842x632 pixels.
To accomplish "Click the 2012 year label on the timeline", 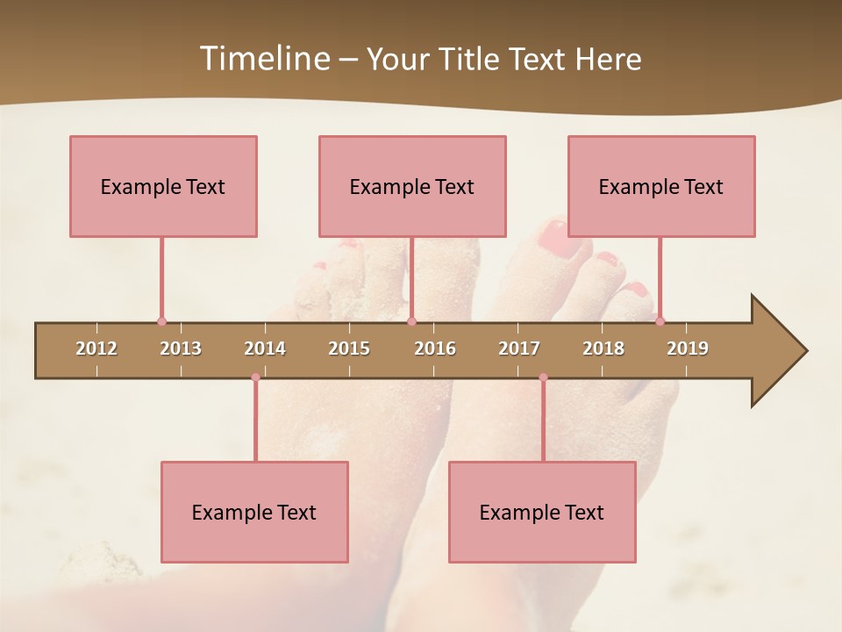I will pyautogui.click(x=96, y=348).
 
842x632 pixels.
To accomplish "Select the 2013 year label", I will pyautogui.click(x=181, y=348).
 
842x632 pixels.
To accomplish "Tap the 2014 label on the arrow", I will pyautogui.click(x=265, y=348).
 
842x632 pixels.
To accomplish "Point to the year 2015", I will pyautogui.click(x=349, y=348).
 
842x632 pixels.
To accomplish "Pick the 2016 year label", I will pyautogui.click(x=435, y=348).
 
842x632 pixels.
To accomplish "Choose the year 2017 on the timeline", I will pyautogui.click(x=519, y=348).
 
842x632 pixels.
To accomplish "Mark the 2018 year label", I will pyautogui.click(x=603, y=348).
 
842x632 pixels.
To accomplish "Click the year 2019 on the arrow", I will pyautogui.click(x=688, y=348).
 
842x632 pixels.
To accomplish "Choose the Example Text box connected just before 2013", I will pyautogui.click(x=163, y=186).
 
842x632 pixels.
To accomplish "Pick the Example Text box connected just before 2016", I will pyautogui.click(x=412, y=186).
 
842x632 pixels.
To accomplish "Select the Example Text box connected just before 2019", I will pyautogui.click(x=661, y=186).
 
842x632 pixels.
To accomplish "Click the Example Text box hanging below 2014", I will pyautogui.click(x=254, y=512).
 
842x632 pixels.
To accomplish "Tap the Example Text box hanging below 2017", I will pyautogui.click(x=542, y=512).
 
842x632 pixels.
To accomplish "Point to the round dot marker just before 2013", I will pyautogui.click(x=161, y=321).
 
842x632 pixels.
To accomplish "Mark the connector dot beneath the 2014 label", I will pyautogui.click(x=255, y=377).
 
